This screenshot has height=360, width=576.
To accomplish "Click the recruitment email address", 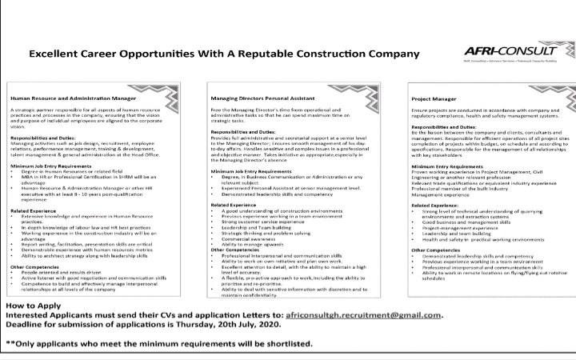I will [364, 315].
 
